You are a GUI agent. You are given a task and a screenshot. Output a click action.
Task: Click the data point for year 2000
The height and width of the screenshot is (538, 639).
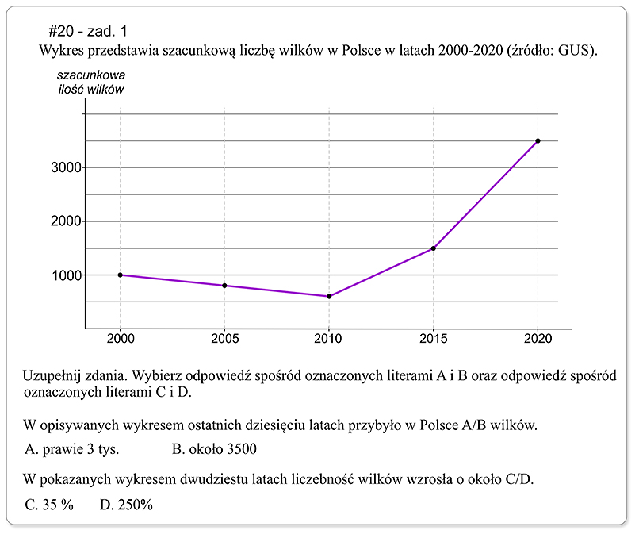[120, 275]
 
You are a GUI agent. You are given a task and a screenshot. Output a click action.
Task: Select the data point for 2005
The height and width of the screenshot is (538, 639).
[225, 286]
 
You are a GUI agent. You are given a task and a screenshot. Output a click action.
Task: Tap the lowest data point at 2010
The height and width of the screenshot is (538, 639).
[329, 296]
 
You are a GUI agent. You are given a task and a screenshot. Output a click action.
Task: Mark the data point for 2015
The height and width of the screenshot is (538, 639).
[434, 248]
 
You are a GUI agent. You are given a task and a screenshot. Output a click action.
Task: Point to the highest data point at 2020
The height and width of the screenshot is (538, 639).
[538, 140]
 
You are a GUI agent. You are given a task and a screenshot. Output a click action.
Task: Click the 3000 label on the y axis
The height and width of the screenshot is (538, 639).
[61, 167]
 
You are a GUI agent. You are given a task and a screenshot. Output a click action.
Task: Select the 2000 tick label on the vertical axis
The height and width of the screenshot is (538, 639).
[61, 221]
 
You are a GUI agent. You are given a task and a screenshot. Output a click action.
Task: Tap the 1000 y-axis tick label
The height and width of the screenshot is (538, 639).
[61, 275]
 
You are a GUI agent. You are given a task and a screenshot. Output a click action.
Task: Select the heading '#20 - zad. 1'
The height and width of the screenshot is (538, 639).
[86, 31]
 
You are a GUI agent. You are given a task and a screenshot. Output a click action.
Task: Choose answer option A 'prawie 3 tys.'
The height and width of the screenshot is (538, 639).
[72, 449]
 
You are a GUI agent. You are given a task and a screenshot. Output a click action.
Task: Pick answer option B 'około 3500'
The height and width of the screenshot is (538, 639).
[215, 449]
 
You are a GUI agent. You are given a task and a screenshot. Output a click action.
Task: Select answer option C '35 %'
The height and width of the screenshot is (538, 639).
[49, 503]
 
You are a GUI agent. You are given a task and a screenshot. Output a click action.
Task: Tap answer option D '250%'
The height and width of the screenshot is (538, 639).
[126, 503]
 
